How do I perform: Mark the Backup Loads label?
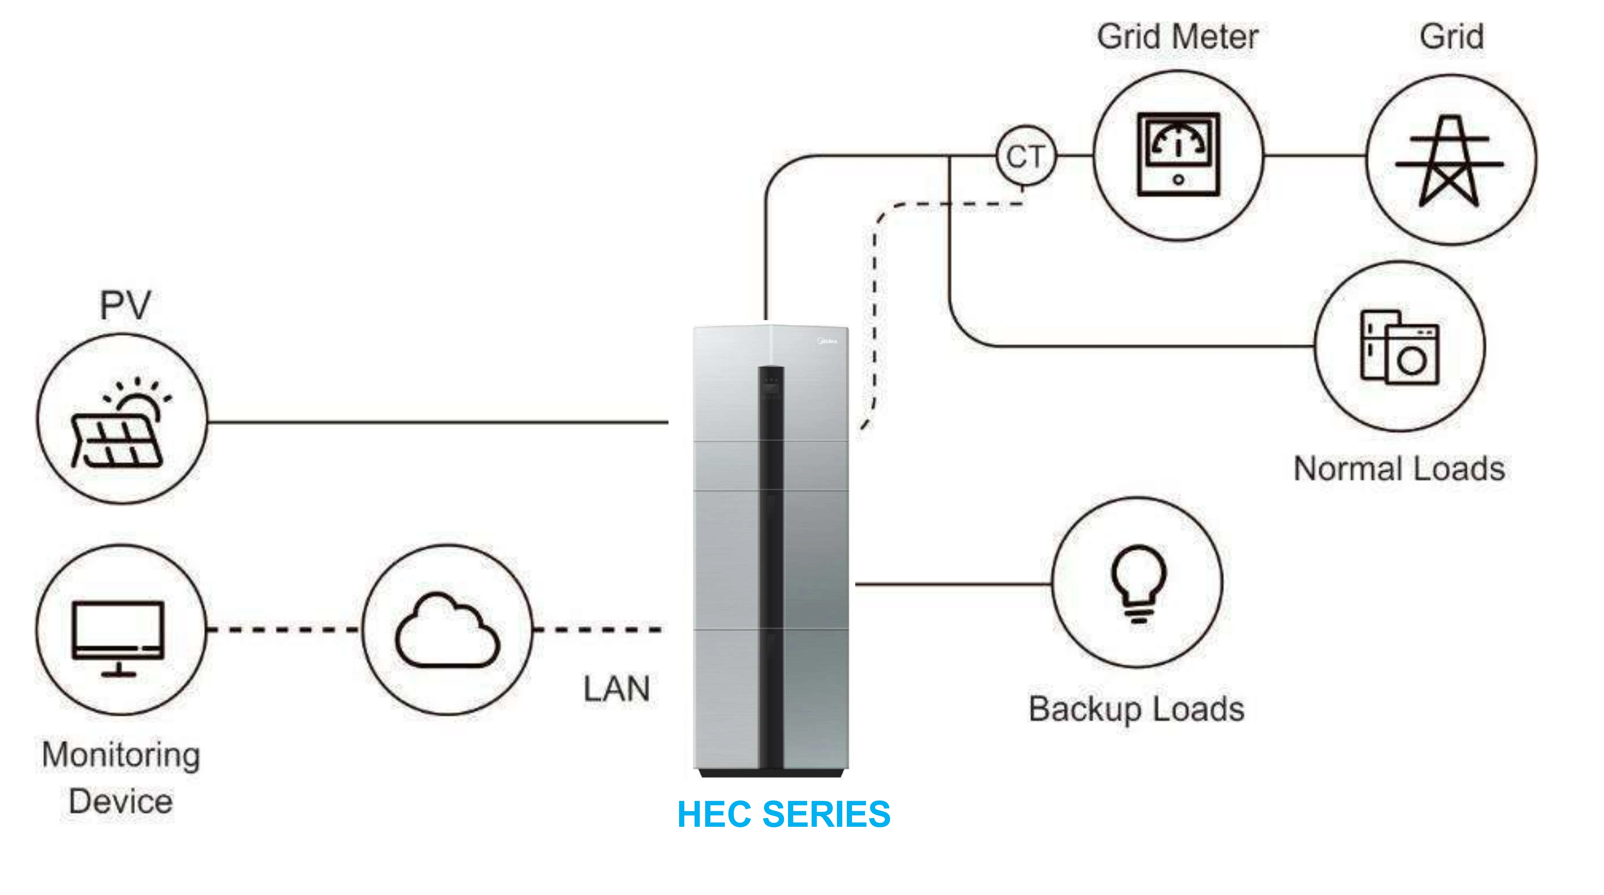[1136, 709]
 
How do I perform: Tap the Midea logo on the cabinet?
[827, 341]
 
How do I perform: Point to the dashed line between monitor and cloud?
[283, 630]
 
